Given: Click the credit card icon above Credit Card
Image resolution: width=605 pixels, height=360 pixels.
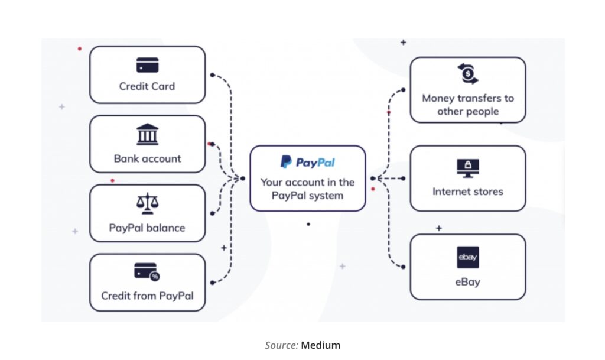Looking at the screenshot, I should tap(147, 65).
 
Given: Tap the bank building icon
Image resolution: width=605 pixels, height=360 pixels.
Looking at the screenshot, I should tap(147, 135).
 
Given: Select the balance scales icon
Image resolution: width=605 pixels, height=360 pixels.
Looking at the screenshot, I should tap(147, 204).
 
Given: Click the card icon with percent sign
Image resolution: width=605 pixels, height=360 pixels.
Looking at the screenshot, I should tap(147, 272).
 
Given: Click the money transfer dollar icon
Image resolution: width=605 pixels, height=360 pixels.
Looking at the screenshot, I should tap(467, 74).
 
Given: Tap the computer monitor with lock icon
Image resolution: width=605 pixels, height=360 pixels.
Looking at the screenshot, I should tap(467, 168).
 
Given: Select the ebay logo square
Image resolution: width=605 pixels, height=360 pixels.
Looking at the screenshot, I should tap(467, 257).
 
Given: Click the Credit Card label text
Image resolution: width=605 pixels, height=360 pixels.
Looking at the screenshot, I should tap(147, 86).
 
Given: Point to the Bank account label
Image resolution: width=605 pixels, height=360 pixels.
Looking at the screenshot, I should tap(147, 158).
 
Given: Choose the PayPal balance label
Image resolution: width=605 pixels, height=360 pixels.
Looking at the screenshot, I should tap(147, 228).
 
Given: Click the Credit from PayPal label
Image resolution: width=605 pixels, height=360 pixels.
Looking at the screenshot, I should tap(147, 296).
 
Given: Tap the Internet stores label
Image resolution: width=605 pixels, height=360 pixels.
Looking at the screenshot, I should tap(467, 192).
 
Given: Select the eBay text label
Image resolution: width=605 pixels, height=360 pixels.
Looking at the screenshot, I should tap(467, 281).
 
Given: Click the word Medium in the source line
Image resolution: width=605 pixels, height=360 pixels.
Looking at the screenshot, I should tap(321, 345).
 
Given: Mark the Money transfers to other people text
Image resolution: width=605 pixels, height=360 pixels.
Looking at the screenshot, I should tap(467, 105).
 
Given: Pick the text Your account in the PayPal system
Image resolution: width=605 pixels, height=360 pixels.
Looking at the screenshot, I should tap(307, 189).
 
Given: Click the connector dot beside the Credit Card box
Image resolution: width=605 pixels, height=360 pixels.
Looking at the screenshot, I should tap(213, 75).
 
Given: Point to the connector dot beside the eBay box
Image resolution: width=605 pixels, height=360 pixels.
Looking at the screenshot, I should tap(403, 267).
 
